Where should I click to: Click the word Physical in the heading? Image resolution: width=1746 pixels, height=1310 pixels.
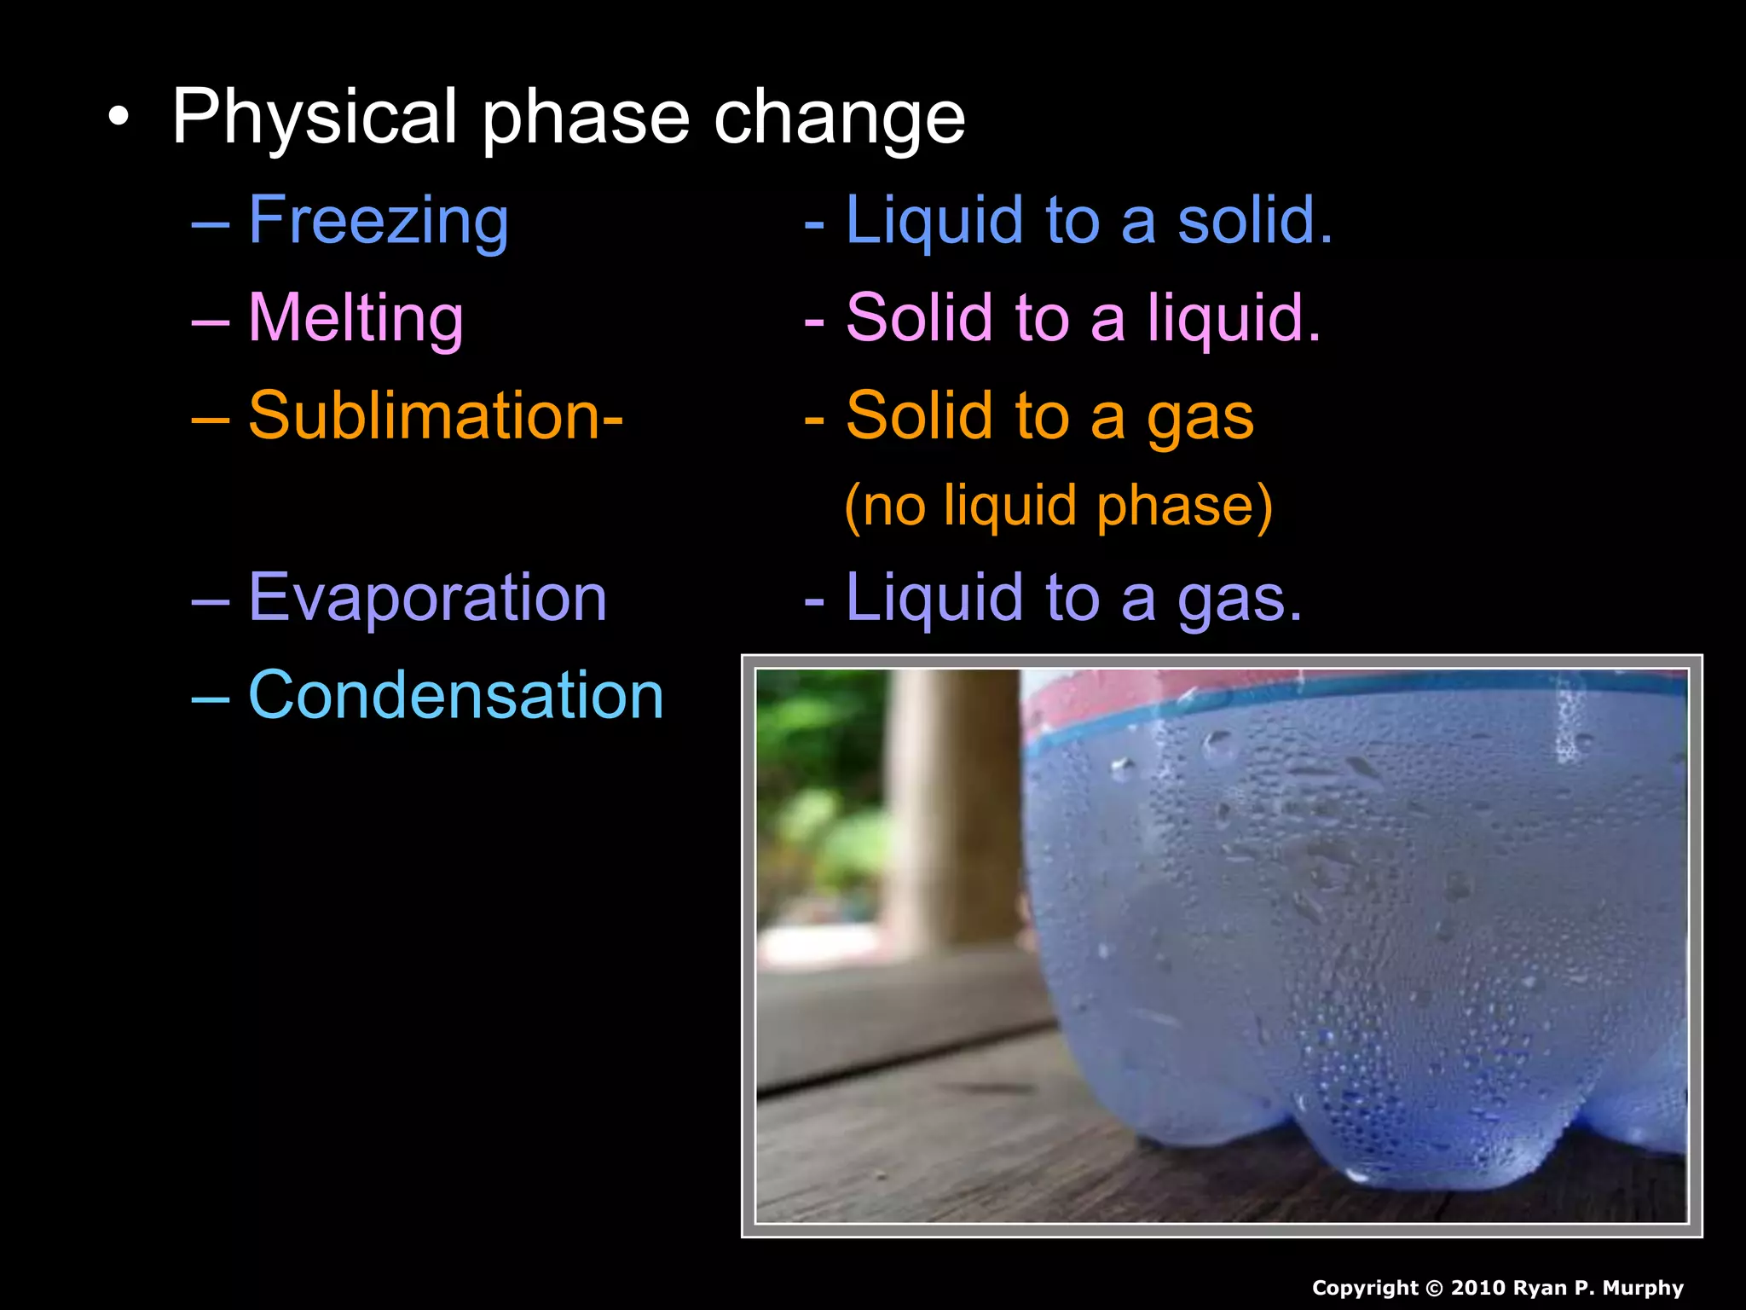coord(315,118)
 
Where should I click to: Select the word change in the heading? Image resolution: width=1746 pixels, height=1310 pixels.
coord(839,118)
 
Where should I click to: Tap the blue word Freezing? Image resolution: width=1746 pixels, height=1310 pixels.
coord(379,220)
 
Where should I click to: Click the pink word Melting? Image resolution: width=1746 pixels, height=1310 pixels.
coord(356,318)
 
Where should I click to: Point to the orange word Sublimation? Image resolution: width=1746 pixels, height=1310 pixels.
coord(426,415)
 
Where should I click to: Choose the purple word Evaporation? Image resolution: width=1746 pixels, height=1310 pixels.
coord(427,597)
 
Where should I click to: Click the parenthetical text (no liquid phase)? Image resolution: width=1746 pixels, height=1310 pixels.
coord(1058,506)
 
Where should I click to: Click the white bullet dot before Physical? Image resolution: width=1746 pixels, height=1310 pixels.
coord(119,119)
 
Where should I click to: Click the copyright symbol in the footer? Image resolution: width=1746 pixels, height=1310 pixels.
coord(1434,1288)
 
